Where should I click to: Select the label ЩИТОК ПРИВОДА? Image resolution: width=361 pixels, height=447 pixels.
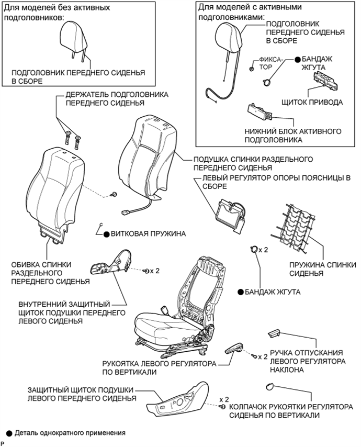point(311,102)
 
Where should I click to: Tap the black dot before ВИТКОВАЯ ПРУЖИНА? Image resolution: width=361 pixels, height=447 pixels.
point(106,234)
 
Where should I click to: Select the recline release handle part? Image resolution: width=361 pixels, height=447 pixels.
point(275,333)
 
